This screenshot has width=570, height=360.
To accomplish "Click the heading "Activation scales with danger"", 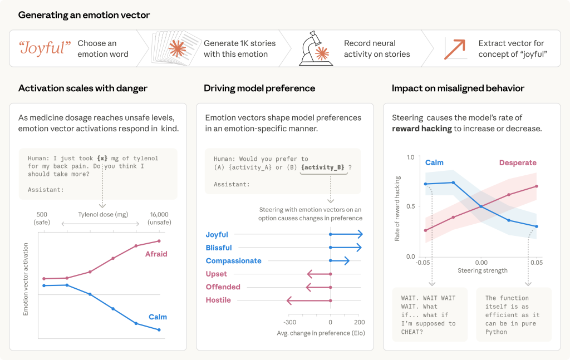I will click(82, 88).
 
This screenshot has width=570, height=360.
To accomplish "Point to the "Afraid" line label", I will click(156, 254).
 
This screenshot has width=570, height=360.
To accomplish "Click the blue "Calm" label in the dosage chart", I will click(158, 317).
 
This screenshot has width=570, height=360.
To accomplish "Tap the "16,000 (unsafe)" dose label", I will click(159, 218).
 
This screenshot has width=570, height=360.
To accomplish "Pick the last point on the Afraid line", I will click(159, 241).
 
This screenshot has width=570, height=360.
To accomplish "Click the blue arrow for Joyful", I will click(346, 235).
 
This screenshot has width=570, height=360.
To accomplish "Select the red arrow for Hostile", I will click(308, 300).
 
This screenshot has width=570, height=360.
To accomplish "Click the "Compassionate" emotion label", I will click(233, 261).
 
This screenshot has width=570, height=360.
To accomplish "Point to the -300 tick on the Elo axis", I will click(289, 322).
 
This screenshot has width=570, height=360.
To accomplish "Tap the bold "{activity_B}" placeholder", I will click(323, 167).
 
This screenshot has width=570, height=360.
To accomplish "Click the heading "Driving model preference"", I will click(259, 88).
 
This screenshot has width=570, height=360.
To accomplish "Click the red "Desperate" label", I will click(518, 163).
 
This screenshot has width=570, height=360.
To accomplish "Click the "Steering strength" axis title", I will click(483, 271).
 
